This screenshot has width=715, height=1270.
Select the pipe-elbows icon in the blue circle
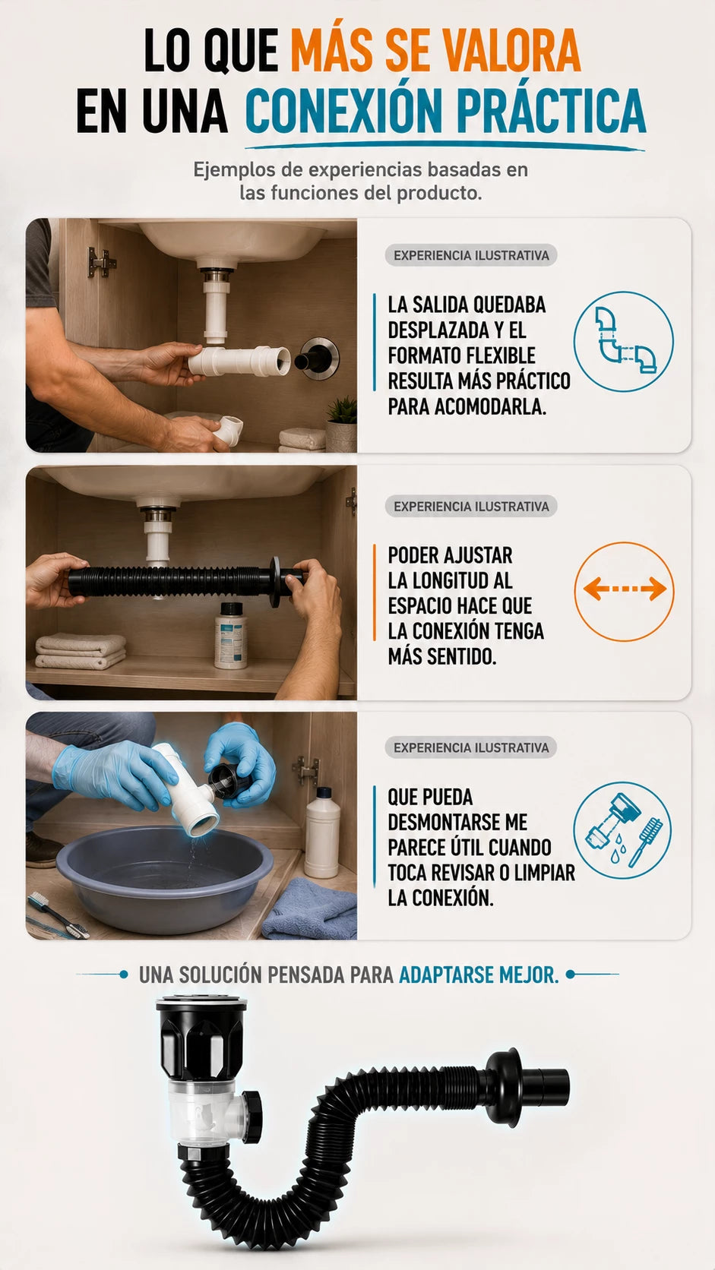[x=624, y=341]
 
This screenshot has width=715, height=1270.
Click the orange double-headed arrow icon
[x=625, y=589]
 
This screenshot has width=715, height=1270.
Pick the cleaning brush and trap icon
[x=622, y=831]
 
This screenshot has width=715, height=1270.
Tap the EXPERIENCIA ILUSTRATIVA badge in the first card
[x=471, y=255]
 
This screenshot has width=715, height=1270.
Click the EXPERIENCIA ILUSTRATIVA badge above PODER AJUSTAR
[x=471, y=506]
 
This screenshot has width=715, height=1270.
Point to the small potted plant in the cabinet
[x=342, y=423]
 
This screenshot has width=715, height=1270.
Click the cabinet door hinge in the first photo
[x=100, y=262]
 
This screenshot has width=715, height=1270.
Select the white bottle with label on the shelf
[x=230, y=635]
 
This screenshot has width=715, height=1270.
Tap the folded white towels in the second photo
[x=81, y=651]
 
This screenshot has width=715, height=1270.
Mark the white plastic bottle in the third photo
[x=322, y=832]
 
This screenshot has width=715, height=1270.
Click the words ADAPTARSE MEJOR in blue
[x=479, y=975]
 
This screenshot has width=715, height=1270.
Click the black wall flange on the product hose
[x=504, y=1086]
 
